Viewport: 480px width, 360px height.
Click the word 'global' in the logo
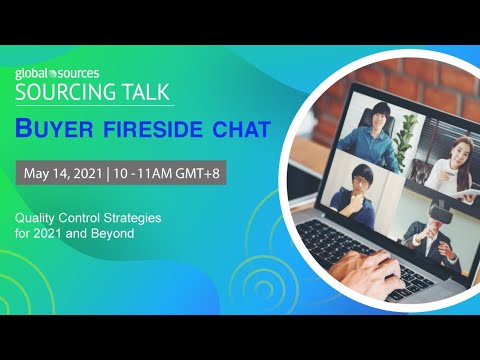[x=32, y=74]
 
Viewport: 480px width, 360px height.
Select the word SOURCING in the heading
[x=61, y=92]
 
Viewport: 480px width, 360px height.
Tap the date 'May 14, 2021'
[x=62, y=172]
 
